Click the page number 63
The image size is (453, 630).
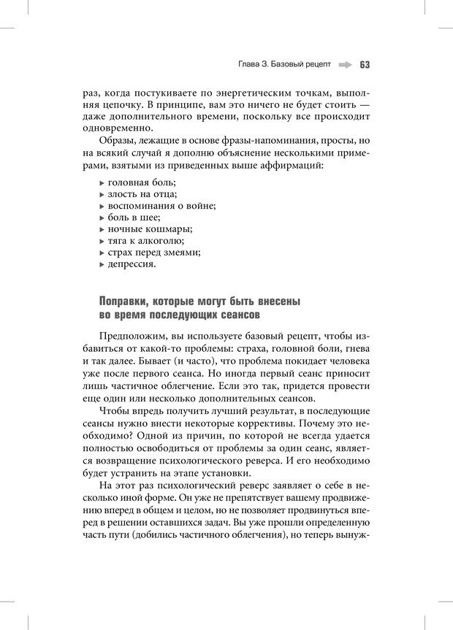pyautogui.click(x=365, y=64)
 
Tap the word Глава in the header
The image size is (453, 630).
pyautogui.click(x=251, y=64)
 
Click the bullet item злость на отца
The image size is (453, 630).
pyautogui.click(x=142, y=193)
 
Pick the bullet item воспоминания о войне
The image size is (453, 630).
pyautogui.click(x=161, y=205)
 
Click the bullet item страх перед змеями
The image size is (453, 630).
pyautogui.click(x=153, y=252)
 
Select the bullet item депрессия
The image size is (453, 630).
pyautogui.click(x=131, y=264)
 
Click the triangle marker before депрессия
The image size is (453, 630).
pyautogui.click(x=101, y=264)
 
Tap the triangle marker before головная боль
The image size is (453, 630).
pyautogui.click(x=101, y=182)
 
